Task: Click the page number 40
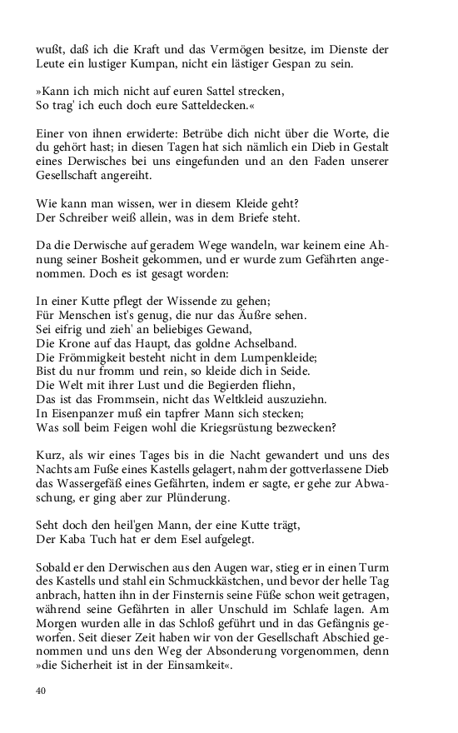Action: (41, 691)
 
